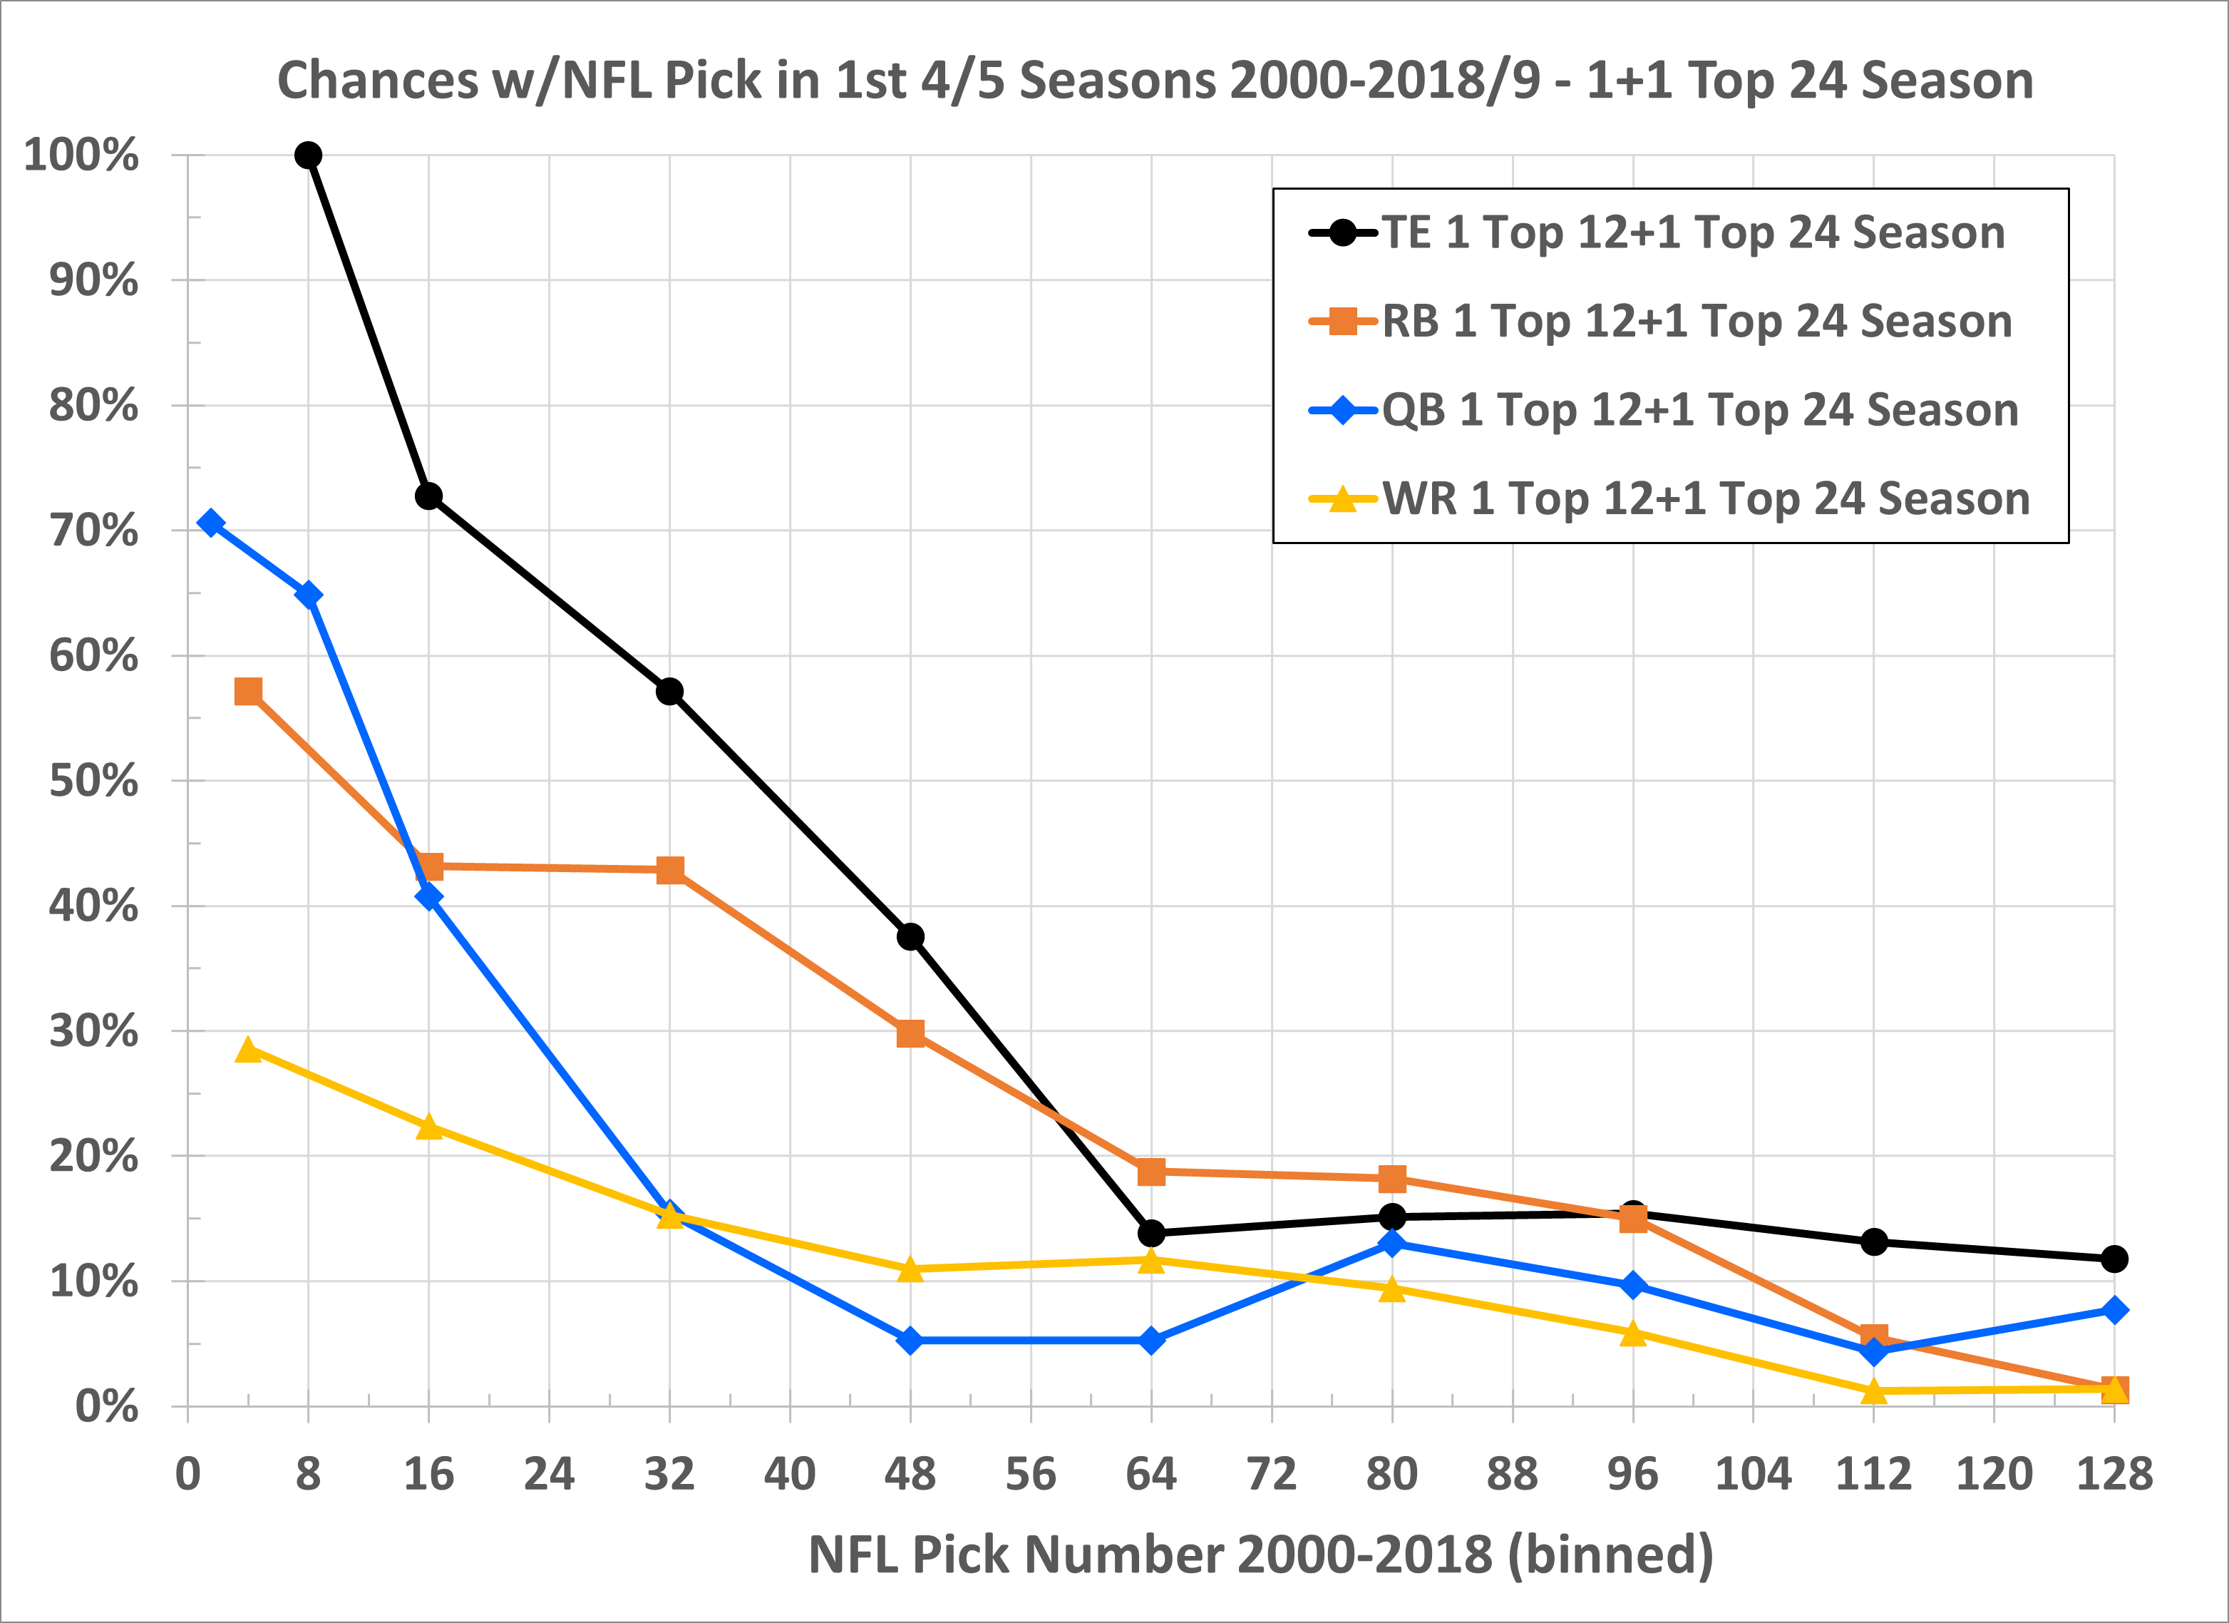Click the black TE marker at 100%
pyautogui.click(x=308, y=155)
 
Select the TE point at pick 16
pyautogui.click(x=428, y=496)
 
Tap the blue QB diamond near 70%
pyautogui.click(x=210, y=523)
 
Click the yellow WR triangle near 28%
pyautogui.click(x=249, y=1050)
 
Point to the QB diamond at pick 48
pyautogui.click(x=910, y=1340)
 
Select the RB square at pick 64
pyautogui.click(x=1151, y=1172)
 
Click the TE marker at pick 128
pyautogui.click(x=2114, y=1259)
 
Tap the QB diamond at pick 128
pyautogui.click(x=2114, y=1311)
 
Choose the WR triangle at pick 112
pyautogui.click(x=1873, y=1391)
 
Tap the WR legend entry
pyautogui.click(x=1705, y=498)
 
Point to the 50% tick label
pyautogui.click(x=93, y=782)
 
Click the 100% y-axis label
pyautogui.click(x=81, y=155)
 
